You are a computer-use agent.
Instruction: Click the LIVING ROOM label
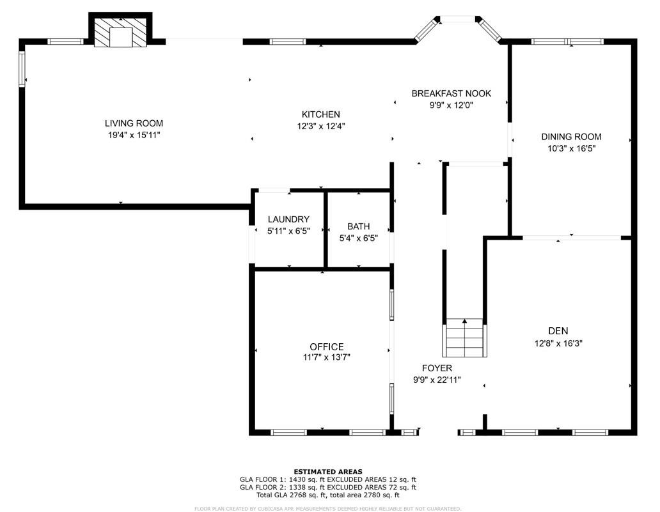point(134,123)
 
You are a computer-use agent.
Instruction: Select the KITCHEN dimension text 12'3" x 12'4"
point(320,126)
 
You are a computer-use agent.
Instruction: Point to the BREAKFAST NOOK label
point(451,93)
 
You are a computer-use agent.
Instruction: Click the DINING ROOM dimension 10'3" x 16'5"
point(571,148)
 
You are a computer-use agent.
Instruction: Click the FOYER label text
point(437,368)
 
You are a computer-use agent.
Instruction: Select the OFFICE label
point(327,346)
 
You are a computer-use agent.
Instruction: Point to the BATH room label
point(358,226)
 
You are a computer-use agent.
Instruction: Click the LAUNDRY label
point(288,219)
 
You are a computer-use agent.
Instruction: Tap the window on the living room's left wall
point(22,68)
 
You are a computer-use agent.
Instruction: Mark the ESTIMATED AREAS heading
point(327,472)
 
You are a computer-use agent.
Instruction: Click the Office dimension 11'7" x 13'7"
point(327,357)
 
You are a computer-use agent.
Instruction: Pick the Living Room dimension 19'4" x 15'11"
point(134,135)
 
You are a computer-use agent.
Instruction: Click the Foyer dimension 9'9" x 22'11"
point(437,380)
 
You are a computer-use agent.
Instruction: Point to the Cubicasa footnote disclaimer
point(327,509)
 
